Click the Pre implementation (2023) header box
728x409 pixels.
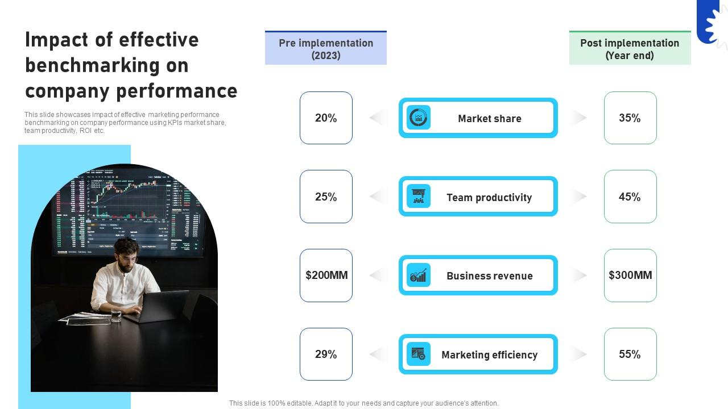click(326, 49)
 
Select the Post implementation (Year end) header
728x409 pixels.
click(630, 49)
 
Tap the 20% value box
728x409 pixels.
click(326, 118)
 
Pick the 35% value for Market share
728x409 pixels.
click(630, 118)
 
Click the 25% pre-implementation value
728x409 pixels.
click(326, 197)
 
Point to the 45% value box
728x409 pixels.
click(630, 197)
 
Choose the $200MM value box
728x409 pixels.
click(326, 276)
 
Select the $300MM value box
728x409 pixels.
click(630, 276)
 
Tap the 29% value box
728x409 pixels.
click(326, 354)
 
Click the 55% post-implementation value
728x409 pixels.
click(630, 354)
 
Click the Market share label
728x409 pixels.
click(489, 119)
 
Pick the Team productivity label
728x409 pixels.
click(489, 198)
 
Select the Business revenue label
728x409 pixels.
click(489, 276)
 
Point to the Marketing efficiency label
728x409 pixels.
click(489, 355)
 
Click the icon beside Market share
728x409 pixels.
click(419, 118)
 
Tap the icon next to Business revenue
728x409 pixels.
click(419, 276)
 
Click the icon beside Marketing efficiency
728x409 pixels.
click(419, 354)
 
